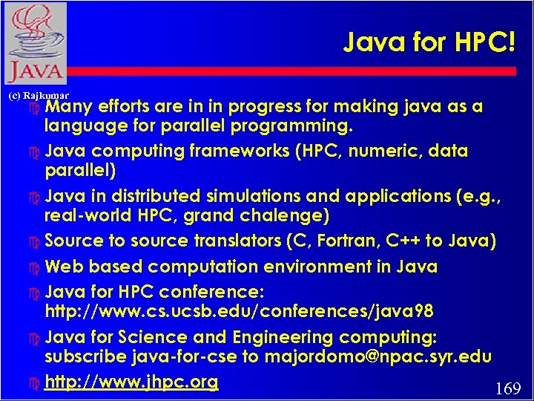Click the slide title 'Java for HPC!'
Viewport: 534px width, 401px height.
click(429, 43)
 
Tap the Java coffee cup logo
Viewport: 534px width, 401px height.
click(34, 42)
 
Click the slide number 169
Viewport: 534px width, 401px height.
click(507, 388)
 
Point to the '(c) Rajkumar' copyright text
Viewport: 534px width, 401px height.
click(38, 96)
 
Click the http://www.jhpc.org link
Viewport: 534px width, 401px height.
click(131, 382)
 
